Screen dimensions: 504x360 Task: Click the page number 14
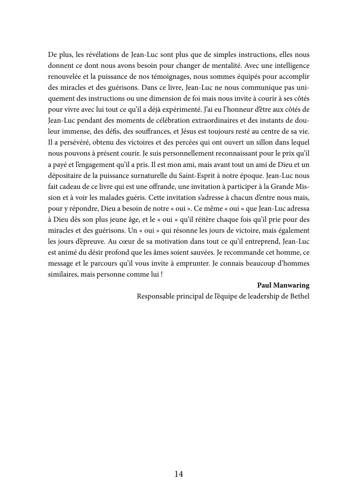(179, 474)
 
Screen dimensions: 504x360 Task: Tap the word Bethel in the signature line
(300, 296)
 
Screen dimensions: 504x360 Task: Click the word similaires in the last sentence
(63, 274)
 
